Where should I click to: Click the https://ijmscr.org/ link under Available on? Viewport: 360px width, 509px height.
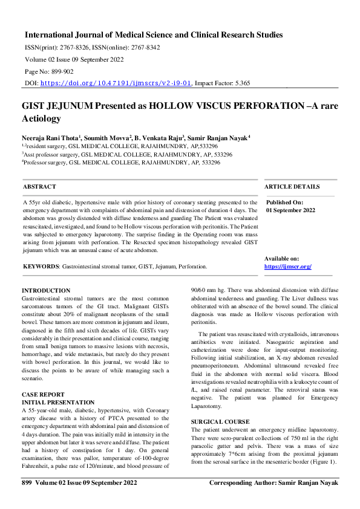point(287,267)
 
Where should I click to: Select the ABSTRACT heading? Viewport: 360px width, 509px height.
point(39,187)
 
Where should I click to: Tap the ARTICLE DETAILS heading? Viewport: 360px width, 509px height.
point(292,187)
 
